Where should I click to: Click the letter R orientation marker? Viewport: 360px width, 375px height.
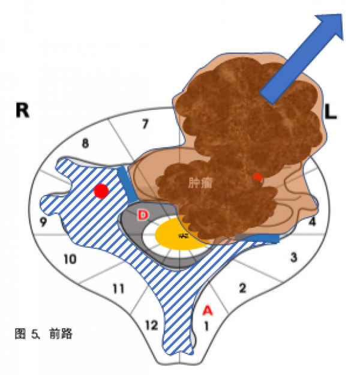click(22, 111)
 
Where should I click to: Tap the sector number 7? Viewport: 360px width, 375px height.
click(145, 124)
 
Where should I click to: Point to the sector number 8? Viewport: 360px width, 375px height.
click(85, 143)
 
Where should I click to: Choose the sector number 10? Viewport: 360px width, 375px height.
click(69, 259)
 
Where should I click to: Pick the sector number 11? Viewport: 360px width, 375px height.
click(118, 289)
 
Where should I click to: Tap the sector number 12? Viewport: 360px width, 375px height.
click(151, 325)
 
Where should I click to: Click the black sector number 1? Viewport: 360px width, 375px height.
click(206, 326)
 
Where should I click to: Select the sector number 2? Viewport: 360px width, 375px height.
click(242, 288)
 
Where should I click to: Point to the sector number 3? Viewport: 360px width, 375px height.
click(293, 257)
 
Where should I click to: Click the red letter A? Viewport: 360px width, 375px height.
click(207, 310)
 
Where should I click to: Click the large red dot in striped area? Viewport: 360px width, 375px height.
click(101, 191)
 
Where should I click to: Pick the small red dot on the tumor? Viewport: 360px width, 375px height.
click(257, 177)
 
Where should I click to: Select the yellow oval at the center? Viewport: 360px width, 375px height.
click(178, 236)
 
